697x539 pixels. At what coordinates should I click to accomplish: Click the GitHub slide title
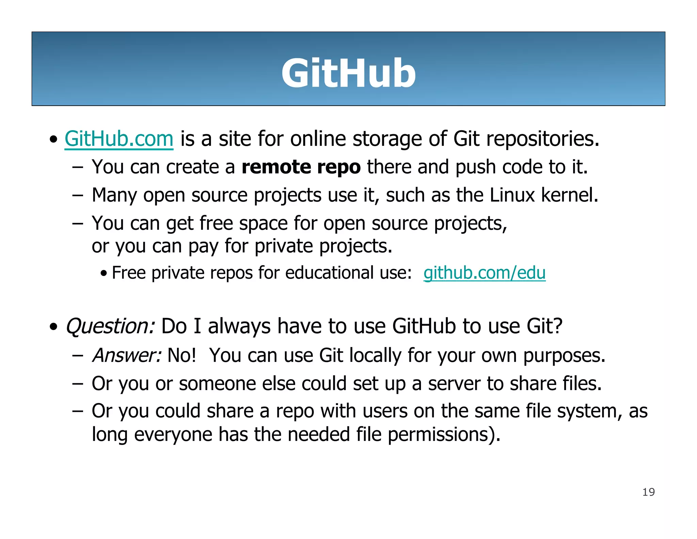coord(348,73)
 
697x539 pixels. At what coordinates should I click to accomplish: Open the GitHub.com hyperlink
coord(119,139)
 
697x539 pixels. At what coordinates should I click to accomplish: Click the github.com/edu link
coord(484,273)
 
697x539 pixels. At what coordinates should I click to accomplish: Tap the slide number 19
coord(648,492)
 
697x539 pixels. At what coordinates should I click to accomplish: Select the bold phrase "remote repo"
coord(301,167)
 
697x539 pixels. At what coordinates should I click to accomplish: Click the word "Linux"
coord(512,195)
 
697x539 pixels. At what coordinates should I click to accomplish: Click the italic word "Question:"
coord(110,326)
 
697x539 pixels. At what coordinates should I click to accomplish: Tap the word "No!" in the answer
coord(182,355)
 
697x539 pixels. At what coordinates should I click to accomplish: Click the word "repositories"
coord(543,139)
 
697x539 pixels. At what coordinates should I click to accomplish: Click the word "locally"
coord(375,355)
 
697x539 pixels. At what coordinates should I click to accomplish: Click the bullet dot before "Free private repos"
coord(104,273)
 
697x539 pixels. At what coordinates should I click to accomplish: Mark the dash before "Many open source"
coord(78,196)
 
